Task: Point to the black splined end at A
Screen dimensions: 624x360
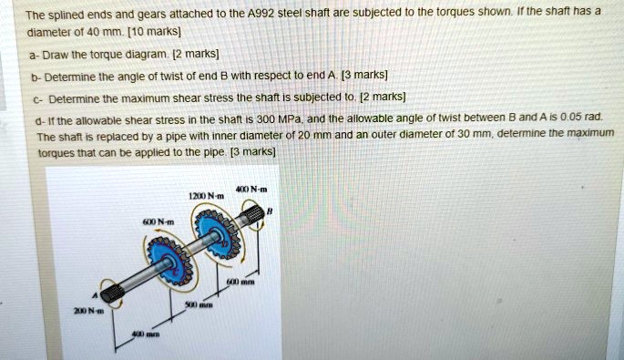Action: tap(111, 293)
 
